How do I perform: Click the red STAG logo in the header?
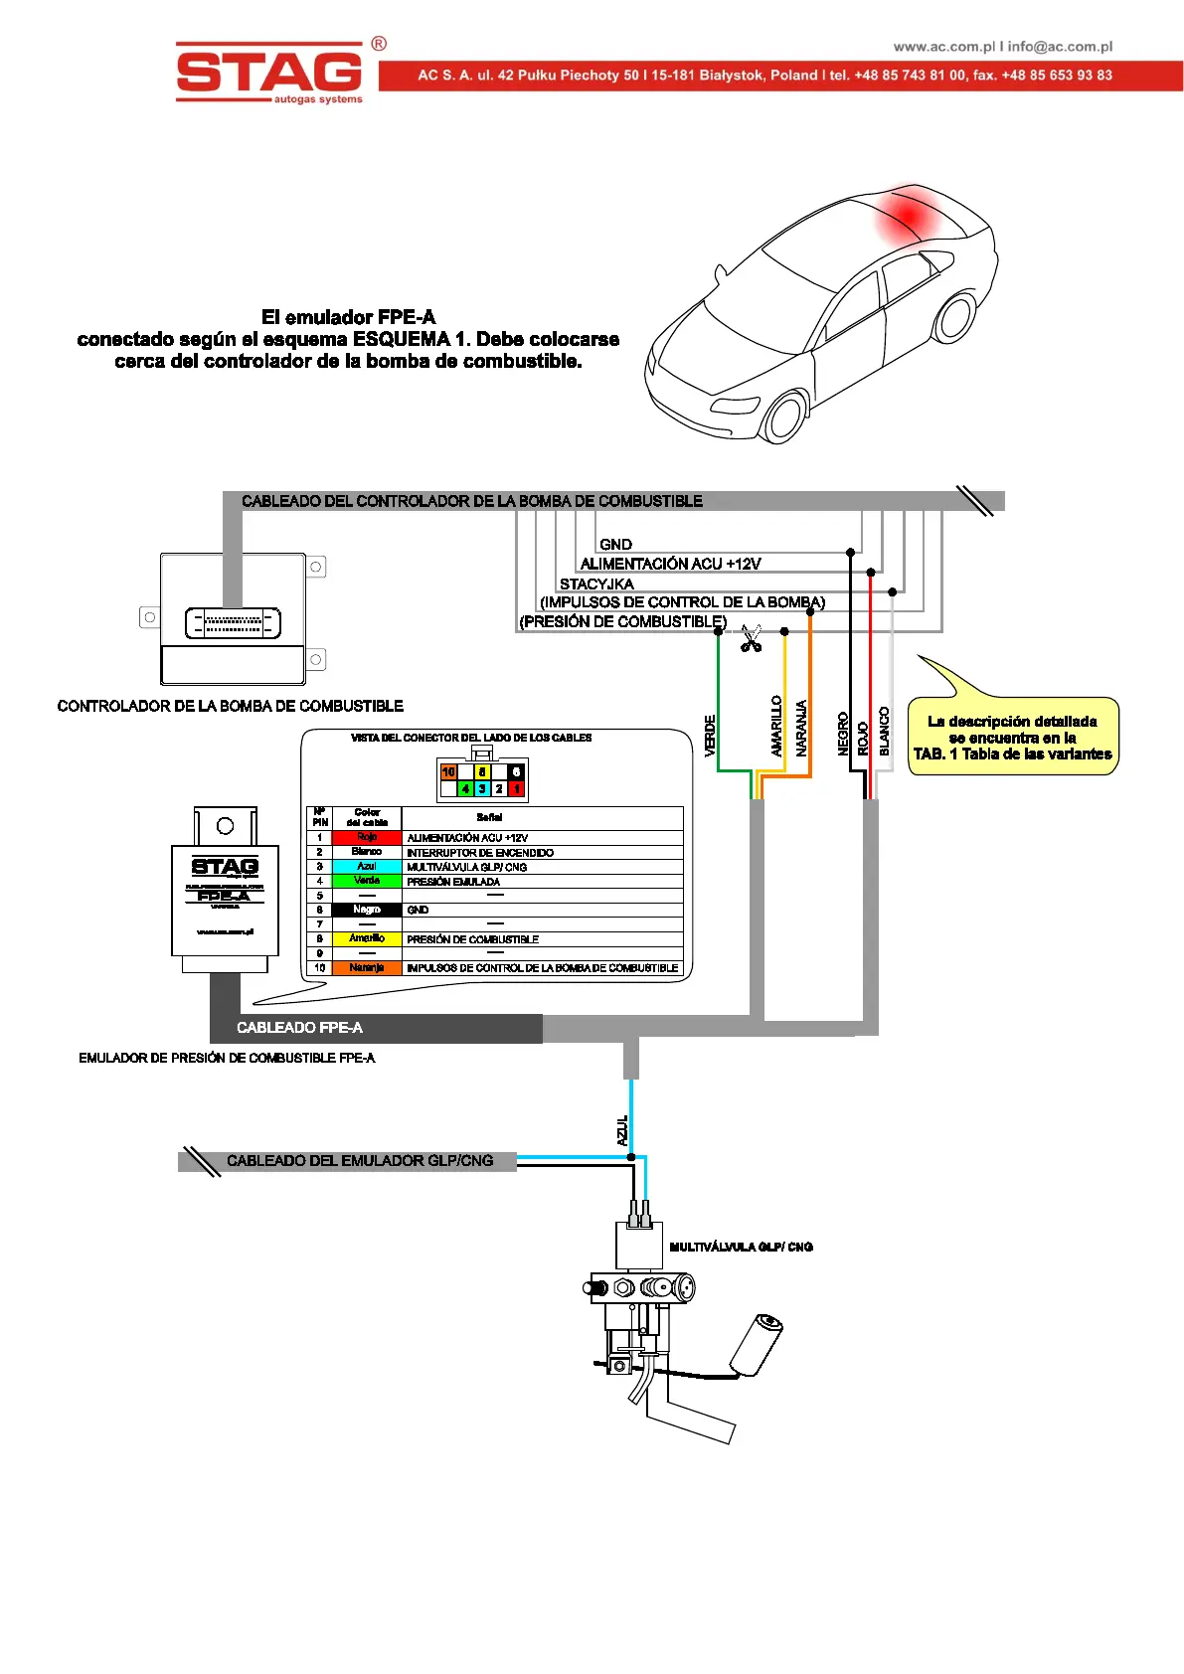pos(268,72)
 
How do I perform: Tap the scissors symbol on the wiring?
pos(751,638)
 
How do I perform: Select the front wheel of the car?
pos(784,415)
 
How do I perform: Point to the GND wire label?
pos(615,545)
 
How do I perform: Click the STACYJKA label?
pos(596,584)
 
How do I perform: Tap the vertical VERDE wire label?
pos(710,736)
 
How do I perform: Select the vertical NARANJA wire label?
pos(801,729)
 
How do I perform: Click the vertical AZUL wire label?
pos(622,1130)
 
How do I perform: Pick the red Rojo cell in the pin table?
pos(367,837)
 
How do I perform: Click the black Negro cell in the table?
pos(367,910)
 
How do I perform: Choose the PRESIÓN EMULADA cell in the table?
pos(453,882)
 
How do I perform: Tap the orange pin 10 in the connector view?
pos(448,771)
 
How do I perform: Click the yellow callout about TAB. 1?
pos(1012,737)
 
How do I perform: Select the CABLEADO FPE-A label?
pos(299,1028)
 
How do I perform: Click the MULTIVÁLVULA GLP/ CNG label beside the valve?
pos(741,1247)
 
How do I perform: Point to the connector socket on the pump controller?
pos(233,623)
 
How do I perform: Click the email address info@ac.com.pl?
pos(1060,47)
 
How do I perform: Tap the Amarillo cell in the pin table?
pos(367,938)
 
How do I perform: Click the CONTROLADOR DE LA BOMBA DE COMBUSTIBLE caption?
pos(230,706)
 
